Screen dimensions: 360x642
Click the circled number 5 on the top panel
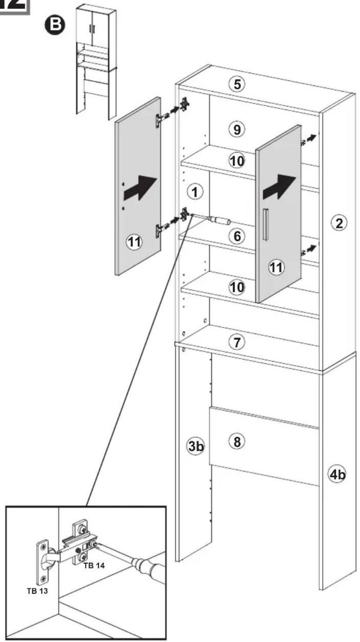coord(237,84)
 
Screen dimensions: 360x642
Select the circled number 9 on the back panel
coord(237,129)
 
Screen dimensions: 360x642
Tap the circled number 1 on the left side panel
coord(195,192)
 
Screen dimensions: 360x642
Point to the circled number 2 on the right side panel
coord(339,223)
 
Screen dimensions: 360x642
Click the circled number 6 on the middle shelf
coord(237,236)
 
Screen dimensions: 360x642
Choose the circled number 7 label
coord(237,342)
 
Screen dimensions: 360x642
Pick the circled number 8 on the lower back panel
coord(237,442)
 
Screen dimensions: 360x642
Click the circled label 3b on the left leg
coord(196,446)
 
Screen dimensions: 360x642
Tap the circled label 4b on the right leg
coord(337,475)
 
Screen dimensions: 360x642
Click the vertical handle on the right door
coord(266,224)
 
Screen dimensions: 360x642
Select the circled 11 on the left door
coord(134,242)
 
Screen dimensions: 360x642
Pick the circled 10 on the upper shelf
coord(237,161)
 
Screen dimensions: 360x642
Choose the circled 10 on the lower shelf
coord(237,287)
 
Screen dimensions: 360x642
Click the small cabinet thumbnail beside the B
coord(96,62)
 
